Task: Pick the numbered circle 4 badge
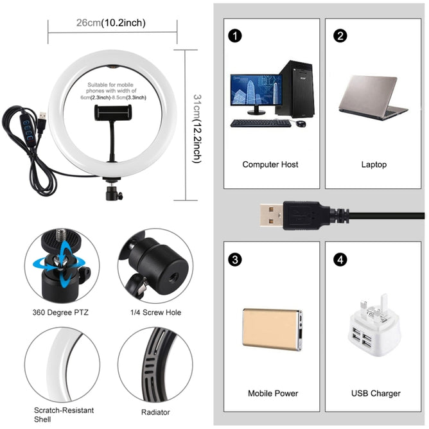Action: point(340,260)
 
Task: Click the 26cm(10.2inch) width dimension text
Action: point(110,23)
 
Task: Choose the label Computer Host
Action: point(270,164)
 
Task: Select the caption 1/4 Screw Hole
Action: point(155,313)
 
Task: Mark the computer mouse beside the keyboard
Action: point(300,123)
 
